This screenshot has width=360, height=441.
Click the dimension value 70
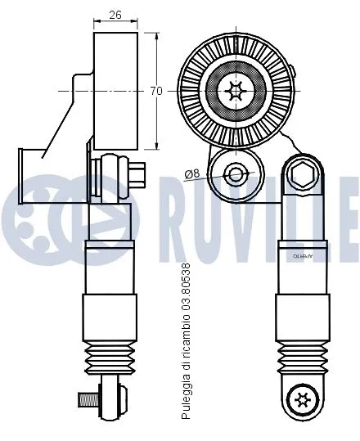point(156,91)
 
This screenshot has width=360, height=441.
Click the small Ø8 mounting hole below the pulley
point(236,173)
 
